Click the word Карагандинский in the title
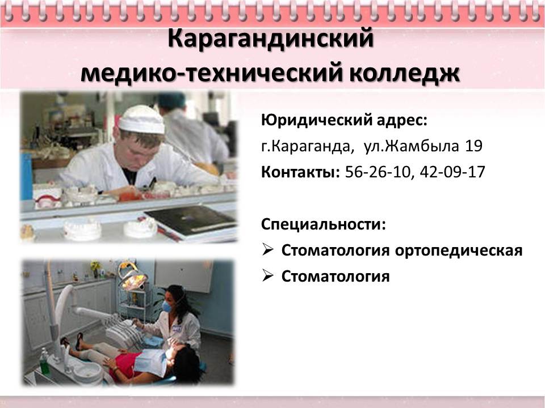pyautogui.click(x=270, y=39)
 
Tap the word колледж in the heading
pyautogui.click(x=404, y=73)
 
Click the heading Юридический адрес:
pyautogui.click(x=344, y=120)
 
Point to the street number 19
pyautogui.click(x=473, y=146)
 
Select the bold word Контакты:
pyautogui.click(x=300, y=172)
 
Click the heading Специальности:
pyautogui.click(x=324, y=224)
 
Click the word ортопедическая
pyautogui.click(x=459, y=250)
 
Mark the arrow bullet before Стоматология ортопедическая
pyautogui.click(x=267, y=249)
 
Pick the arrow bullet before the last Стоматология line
pyautogui.click(x=267, y=275)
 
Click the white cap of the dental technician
pyautogui.click(x=142, y=119)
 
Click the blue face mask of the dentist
pyautogui.click(x=166, y=307)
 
